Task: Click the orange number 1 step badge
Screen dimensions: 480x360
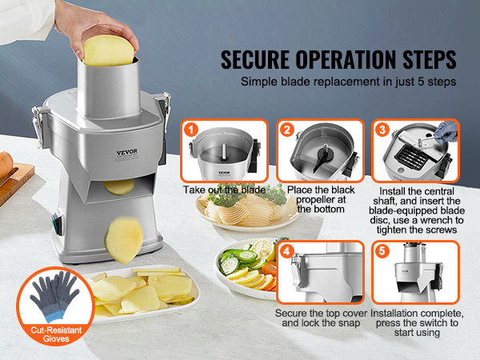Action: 191,130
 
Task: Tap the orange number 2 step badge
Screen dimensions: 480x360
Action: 287,130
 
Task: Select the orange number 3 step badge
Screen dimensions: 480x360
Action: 382,130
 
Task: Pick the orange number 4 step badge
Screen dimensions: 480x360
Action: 287,252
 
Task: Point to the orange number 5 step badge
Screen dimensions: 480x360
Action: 382,252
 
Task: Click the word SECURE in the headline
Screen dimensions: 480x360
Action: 255,59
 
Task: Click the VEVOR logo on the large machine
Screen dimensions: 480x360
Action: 127,152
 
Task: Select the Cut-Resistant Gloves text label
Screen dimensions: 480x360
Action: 56,334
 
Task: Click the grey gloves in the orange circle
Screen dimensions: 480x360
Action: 55,295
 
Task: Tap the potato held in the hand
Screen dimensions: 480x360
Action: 108,51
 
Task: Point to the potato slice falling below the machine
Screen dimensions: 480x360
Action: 124,240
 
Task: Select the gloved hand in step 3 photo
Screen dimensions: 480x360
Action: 446,132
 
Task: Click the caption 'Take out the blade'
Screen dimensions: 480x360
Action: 224,190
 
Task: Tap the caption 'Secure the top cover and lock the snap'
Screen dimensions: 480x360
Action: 321,318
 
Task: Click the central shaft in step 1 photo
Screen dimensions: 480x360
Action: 224,151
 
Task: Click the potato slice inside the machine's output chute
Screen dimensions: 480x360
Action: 118,187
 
